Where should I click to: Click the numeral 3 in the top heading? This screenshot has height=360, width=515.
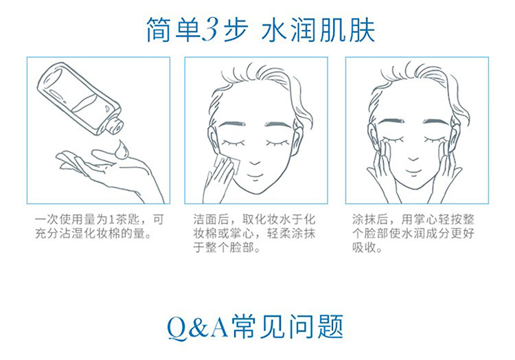(x=209, y=30)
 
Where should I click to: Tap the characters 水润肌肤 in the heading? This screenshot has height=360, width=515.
(x=318, y=30)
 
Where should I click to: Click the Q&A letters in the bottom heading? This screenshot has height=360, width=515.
(x=198, y=327)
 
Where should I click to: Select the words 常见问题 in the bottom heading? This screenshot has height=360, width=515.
(x=288, y=326)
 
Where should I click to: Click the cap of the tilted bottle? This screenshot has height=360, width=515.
(x=115, y=125)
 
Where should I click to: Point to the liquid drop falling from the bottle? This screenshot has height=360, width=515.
(x=121, y=150)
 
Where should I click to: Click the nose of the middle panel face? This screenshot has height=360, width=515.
(x=254, y=161)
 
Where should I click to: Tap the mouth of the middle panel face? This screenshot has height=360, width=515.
(x=254, y=175)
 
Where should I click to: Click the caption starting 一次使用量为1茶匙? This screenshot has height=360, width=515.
(x=99, y=227)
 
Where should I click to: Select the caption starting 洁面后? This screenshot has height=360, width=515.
(x=254, y=234)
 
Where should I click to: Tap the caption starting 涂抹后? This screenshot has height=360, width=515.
(x=413, y=233)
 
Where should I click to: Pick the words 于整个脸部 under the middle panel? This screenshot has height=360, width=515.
(x=224, y=247)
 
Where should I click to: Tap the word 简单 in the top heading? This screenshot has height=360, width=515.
(x=174, y=30)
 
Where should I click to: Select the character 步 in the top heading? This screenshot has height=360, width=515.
(x=236, y=30)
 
